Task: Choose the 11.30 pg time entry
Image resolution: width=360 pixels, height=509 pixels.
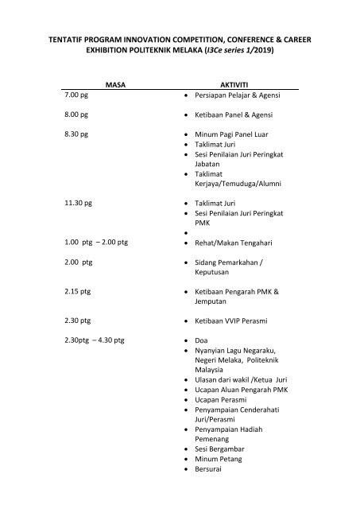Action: [80, 204]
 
